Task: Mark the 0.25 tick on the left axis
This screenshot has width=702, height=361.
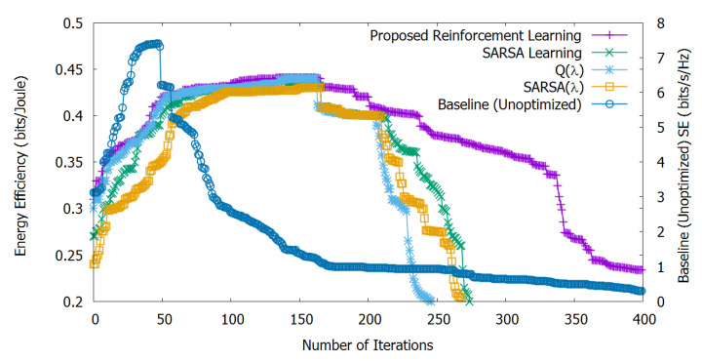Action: pyautogui.click(x=71, y=256)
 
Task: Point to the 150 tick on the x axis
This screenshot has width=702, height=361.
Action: pyautogui.click(x=301, y=318)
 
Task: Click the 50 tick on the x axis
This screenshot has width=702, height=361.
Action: pyautogui.click(x=164, y=318)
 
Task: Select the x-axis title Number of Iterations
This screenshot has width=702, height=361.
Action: pyautogui.click(x=367, y=344)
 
